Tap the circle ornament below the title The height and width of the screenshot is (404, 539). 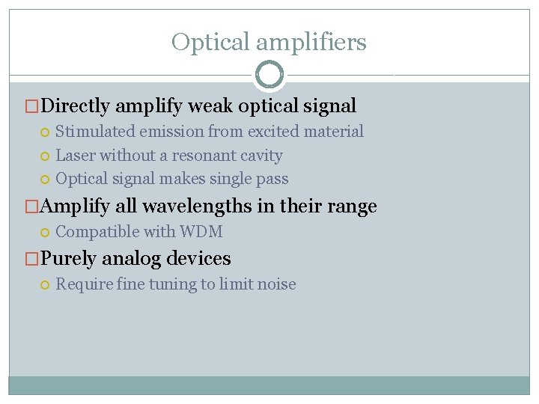click(x=269, y=75)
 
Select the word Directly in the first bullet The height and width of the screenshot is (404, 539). click(x=76, y=106)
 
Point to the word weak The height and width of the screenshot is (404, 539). click(x=210, y=106)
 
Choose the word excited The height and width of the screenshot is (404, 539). click(x=273, y=132)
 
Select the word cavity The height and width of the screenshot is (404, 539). click(x=261, y=156)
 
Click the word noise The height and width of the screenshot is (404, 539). click(x=276, y=284)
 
